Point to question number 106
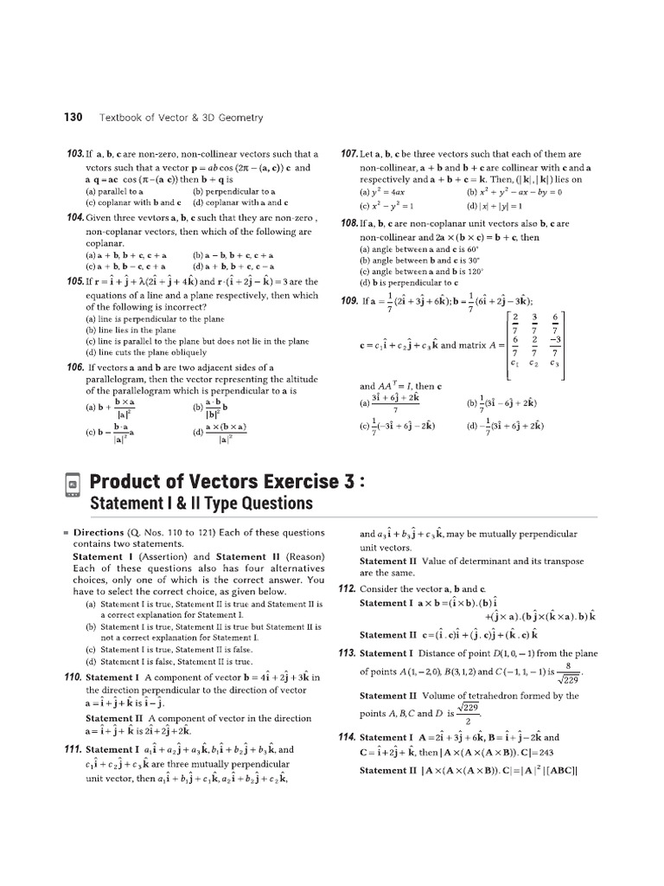76,367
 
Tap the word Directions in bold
99,533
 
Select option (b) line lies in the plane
130,330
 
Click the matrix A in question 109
533,344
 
